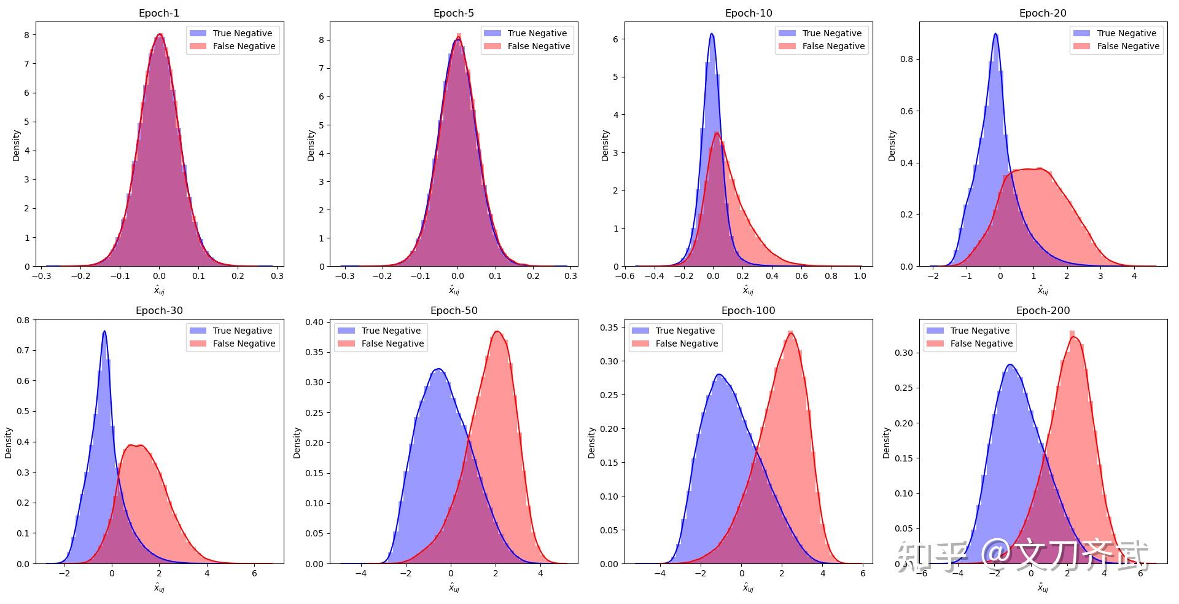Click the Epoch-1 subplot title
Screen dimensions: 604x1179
(x=159, y=13)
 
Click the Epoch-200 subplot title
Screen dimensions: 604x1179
(x=1043, y=310)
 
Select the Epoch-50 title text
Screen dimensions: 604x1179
(x=454, y=310)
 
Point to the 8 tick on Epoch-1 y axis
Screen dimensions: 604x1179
(x=27, y=35)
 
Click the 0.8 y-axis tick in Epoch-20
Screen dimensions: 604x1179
(x=906, y=60)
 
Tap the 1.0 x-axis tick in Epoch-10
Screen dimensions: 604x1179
(x=860, y=276)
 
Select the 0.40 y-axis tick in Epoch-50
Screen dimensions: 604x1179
(x=314, y=322)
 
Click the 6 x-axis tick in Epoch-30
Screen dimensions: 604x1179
(x=254, y=573)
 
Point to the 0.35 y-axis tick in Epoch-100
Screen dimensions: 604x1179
(x=609, y=328)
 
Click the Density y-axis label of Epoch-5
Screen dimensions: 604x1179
(x=311, y=146)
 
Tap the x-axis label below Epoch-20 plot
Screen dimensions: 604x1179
(x=1043, y=291)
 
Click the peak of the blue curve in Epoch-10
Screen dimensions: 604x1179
(x=711, y=34)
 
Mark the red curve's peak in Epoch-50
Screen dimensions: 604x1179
(x=497, y=332)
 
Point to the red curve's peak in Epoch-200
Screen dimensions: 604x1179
(x=1073, y=337)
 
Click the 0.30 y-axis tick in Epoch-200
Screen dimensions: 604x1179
(x=903, y=353)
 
